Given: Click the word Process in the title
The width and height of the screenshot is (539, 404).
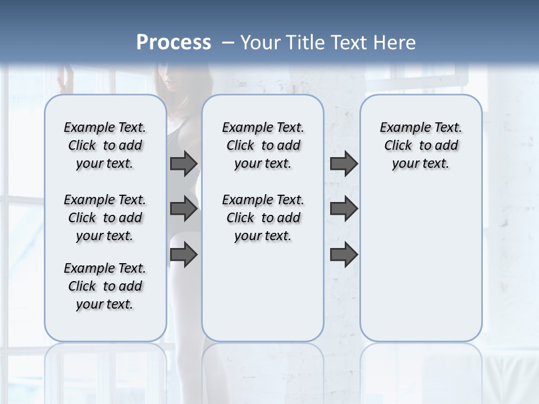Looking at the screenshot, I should click(x=173, y=42).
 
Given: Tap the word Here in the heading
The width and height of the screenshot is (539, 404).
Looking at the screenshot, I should click(x=395, y=42).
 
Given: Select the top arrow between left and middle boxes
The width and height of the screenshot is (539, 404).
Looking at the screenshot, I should click(x=184, y=163).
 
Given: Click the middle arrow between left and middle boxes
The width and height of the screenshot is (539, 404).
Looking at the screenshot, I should click(x=184, y=209).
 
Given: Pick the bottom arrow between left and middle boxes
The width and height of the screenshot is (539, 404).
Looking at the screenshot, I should click(x=184, y=254).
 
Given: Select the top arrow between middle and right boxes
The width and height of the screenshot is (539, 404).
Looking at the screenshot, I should click(x=344, y=163).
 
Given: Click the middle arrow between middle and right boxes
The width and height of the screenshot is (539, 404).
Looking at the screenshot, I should click(x=344, y=209).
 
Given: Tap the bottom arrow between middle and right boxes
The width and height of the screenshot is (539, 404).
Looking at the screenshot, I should click(x=344, y=254).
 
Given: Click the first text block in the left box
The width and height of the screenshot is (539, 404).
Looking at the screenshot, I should click(x=105, y=145).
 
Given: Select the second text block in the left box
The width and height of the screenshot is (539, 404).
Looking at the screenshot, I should click(x=105, y=218).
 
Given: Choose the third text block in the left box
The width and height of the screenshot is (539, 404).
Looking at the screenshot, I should click(x=105, y=286).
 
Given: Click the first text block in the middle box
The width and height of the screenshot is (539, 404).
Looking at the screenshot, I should click(x=263, y=145).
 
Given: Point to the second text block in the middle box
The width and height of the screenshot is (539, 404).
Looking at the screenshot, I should click(x=263, y=218).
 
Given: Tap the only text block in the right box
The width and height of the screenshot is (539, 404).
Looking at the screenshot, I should click(x=421, y=145).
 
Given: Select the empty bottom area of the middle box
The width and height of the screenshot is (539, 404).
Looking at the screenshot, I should click(x=263, y=297).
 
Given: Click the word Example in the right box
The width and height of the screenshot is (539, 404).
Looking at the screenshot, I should click(x=401, y=128).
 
